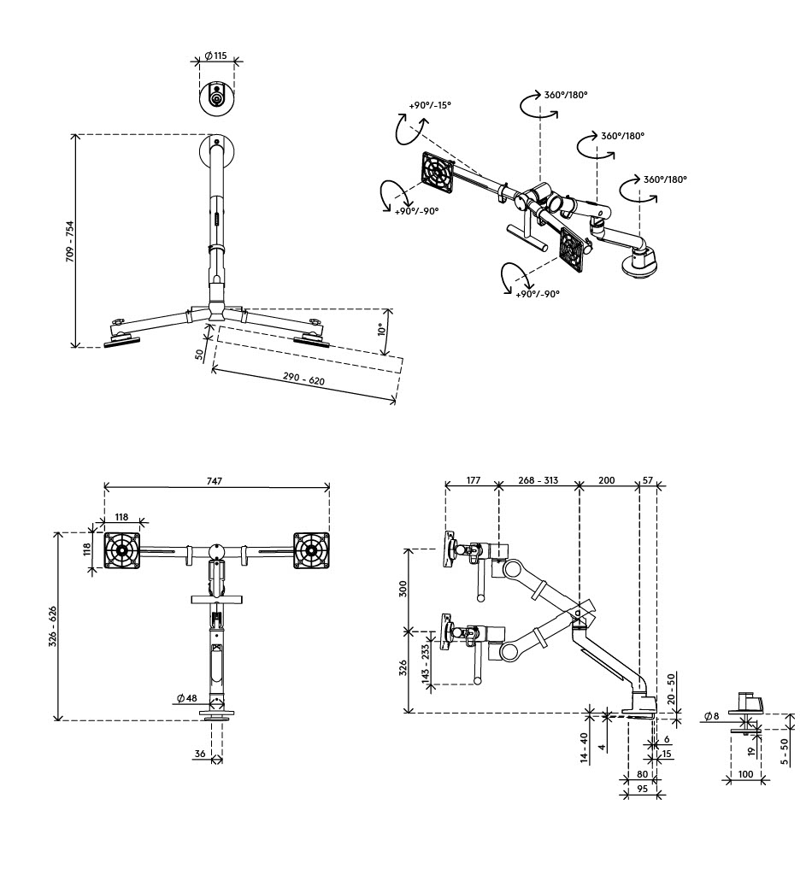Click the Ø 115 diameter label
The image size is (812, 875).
coord(215,56)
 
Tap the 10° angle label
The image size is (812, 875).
coord(382,330)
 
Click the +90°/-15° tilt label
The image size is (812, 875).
coord(430,105)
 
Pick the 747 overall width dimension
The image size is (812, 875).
coord(214,482)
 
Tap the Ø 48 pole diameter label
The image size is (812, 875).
coord(187,698)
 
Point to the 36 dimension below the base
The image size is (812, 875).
coord(200,754)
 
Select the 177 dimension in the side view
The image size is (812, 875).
coord(473,480)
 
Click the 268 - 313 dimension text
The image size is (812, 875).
coord(538,480)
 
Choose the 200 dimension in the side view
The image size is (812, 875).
coord(606,480)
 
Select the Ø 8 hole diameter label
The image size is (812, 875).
coord(710,716)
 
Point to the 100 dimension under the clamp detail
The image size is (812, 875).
coord(745,774)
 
